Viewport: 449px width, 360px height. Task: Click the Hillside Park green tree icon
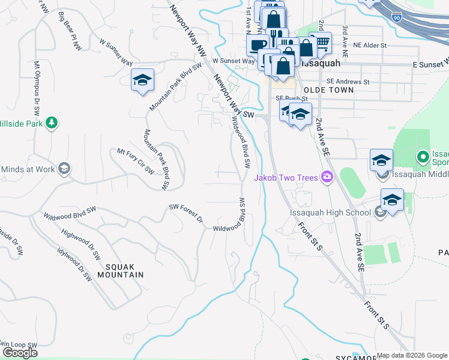click(52, 123)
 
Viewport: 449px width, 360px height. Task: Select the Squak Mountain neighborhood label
click(116, 271)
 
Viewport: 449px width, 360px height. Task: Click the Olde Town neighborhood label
click(329, 89)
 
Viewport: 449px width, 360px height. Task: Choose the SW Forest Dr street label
click(187, 212)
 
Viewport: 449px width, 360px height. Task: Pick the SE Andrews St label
click(348, 82)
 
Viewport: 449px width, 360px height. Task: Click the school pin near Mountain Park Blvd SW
click(142, 80)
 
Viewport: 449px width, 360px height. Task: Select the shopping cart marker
click(322, 42)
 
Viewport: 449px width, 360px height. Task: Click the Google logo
click(20, 353)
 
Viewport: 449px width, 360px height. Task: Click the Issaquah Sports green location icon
click(423, 158)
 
